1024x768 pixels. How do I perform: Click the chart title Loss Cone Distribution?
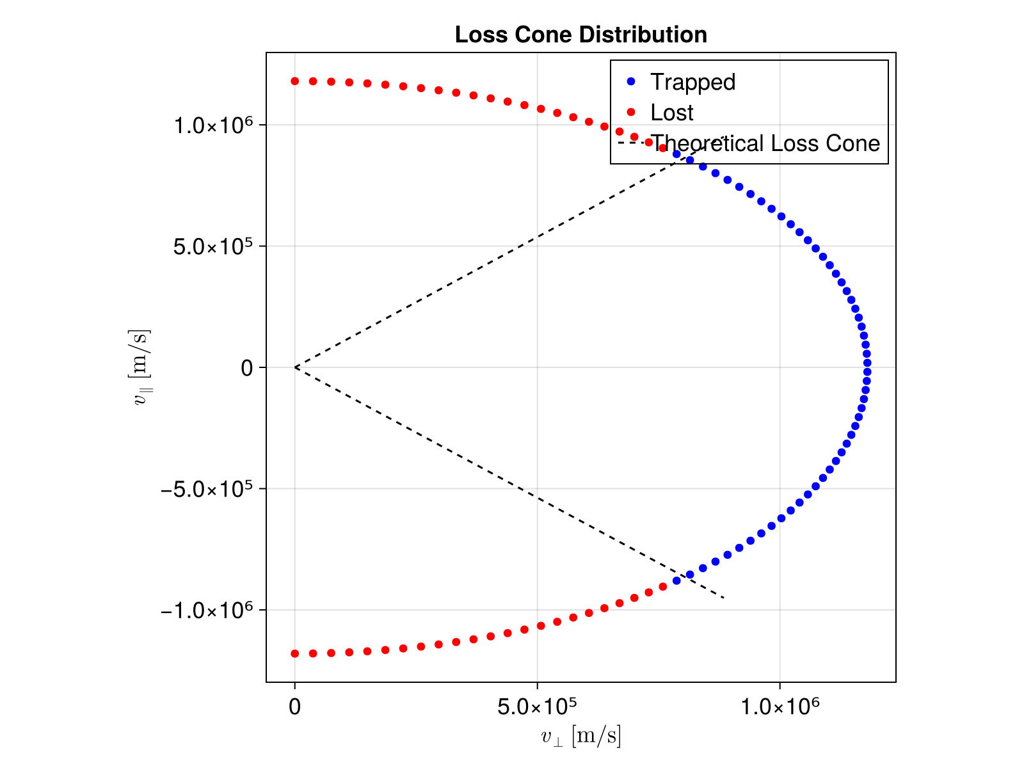pos(580,35)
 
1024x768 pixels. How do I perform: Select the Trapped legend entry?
pos(692,82)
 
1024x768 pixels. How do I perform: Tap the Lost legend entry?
pos(671,113)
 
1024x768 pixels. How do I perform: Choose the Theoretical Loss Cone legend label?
pos(765,143)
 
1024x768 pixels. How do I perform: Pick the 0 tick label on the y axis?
pos(247,368)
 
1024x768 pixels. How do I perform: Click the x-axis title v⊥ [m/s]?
pos(580,737)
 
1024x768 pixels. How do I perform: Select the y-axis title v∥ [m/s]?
pos(140,367)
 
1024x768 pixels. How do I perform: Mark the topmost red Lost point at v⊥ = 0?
pos(295,81)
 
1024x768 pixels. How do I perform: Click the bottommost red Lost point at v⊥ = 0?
pos(295,653)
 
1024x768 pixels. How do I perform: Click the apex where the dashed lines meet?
pos(295,367)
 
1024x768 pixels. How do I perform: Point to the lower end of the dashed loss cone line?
pos(723,598)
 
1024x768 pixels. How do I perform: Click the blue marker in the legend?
pos(630,81)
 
